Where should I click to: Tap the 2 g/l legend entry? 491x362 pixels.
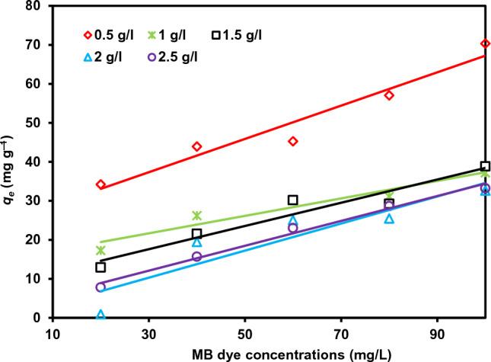pos(106,56)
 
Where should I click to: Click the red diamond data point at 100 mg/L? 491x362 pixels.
pos(485,43)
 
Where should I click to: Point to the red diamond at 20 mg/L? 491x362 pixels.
pos(100,184)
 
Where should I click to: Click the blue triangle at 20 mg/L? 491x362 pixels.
pos(100,314)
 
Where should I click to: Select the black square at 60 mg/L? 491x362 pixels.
pos(293,200)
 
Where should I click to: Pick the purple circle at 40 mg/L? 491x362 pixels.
pos(196,257)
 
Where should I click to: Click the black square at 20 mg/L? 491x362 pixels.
pos(100,267)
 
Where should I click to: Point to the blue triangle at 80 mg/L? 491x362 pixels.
pos(389,219)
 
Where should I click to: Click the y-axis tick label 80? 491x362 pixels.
pos(35,6)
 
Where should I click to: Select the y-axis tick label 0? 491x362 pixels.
pos(39,318)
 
